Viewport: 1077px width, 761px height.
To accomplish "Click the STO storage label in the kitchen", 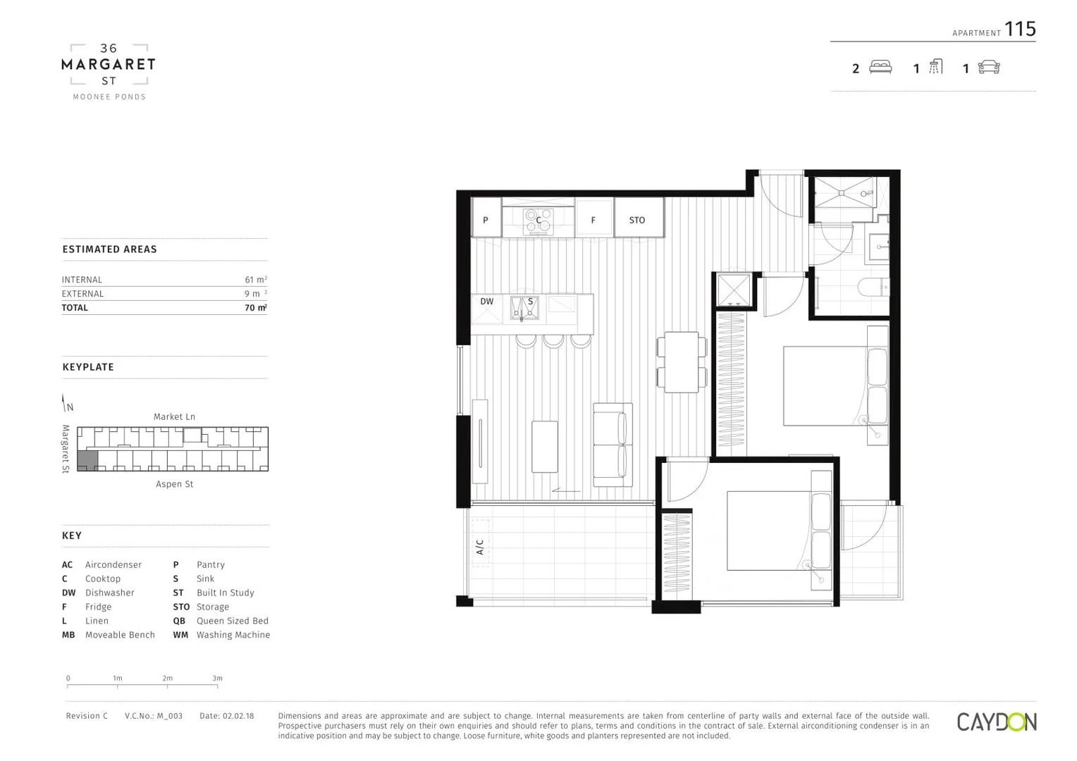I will pyautogui.click(x=637, y=220).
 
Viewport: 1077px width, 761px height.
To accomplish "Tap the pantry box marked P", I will pyautogui.click(x=486, y=220).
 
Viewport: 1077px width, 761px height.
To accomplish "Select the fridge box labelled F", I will pyautogui.click(x=593, y=220).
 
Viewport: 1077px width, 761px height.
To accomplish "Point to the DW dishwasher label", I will pyautogui.click(x=487, y=302).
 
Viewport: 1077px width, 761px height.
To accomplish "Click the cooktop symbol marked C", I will pyautogui.click(x=538, y=221).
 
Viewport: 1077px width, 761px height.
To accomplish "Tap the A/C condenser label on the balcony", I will pyautogui.click(x=480, y=547).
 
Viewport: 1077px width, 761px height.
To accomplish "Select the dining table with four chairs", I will pyautogui.click(x=682, y=362).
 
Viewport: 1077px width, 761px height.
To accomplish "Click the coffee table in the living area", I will pyautogui.click(x=545, y=447).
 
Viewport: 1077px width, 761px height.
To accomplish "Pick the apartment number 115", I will pyautogui.click(x=1020, y=29).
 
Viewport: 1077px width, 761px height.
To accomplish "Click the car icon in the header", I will pyautogui.click(x=989, y=68).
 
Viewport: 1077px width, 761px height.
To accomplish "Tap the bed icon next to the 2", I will pyautogui.click(x=880, y=68).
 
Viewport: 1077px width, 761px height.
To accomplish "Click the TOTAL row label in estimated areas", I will pyautogui.click(x=75, y=308).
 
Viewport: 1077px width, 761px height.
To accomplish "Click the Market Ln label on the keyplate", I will pyautogui.click(x=174, y=416).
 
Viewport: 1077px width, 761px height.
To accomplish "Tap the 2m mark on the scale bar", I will pyautogui.click(x=167, y=679).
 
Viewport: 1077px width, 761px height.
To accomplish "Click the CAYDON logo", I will pyautogui.click(x=996, y=722).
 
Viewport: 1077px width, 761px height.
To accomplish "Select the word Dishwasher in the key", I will pyautogui.click(x=109, y=593).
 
